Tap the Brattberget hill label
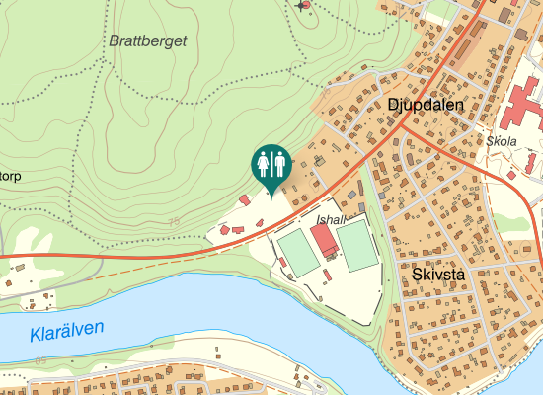click(x=148, y=41)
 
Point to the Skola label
click(x=502, y=141)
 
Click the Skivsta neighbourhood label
click(x=439, y=274)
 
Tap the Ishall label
click(x=332, y=219)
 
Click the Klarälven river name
click(x=67, y=333)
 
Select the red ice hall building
click(x=323, y=240)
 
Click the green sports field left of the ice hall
click(x=297, y=252)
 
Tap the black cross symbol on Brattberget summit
click(x=300, y=6)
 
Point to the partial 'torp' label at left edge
click(x=10, y=178)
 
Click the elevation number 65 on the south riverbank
click(x=39, y=362)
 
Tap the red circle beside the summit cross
click(x=306, y=5)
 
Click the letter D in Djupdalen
click(x=380, y=104)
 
